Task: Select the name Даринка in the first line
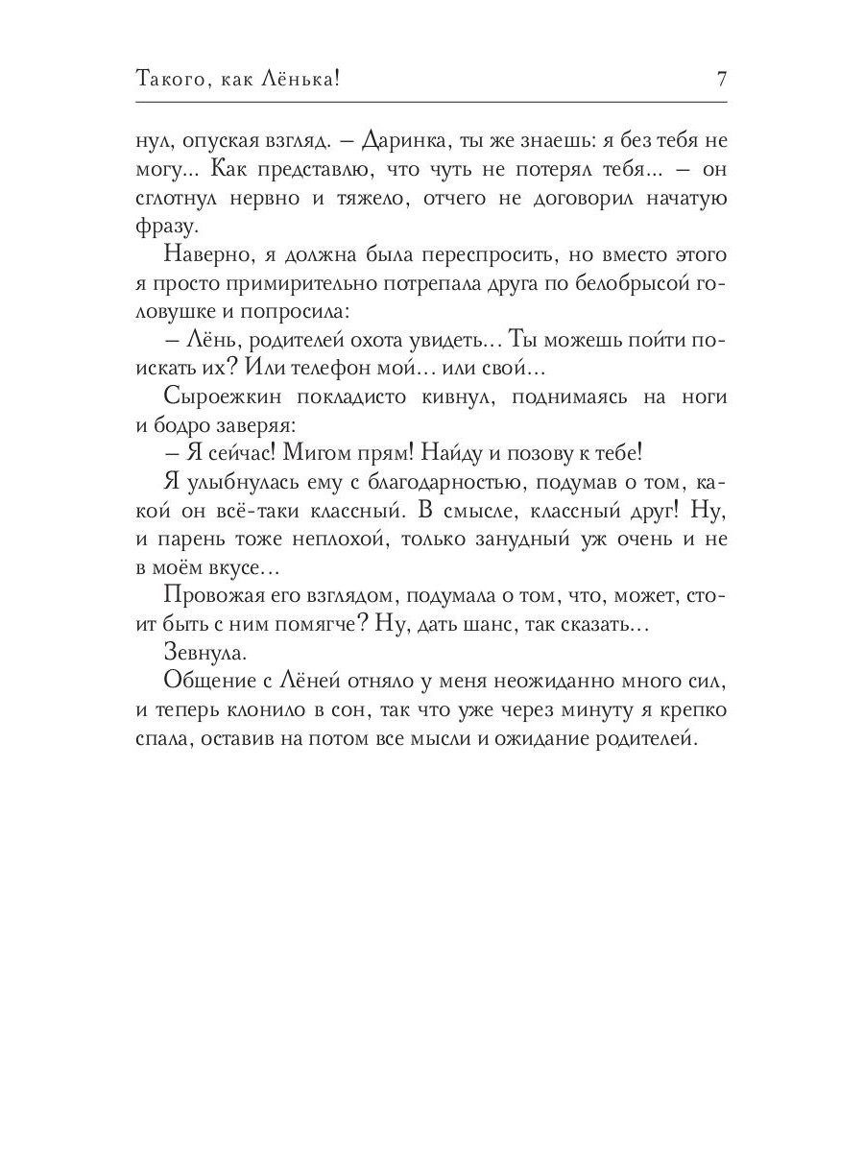pos(402,141)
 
